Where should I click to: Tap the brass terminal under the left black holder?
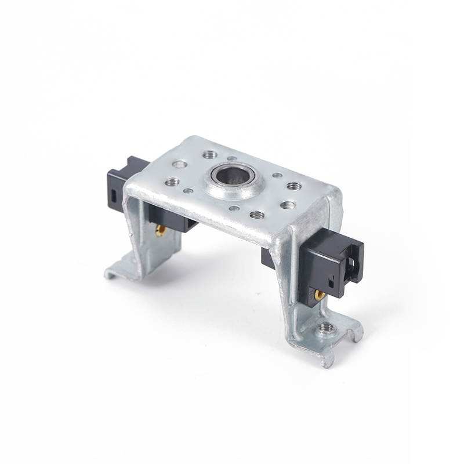coord(161,230)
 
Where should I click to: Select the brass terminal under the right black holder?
coord(320,295)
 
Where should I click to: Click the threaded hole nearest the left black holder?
coord(172,182)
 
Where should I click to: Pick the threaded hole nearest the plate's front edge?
coord(258,215)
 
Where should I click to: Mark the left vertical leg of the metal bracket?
coord(139,232)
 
